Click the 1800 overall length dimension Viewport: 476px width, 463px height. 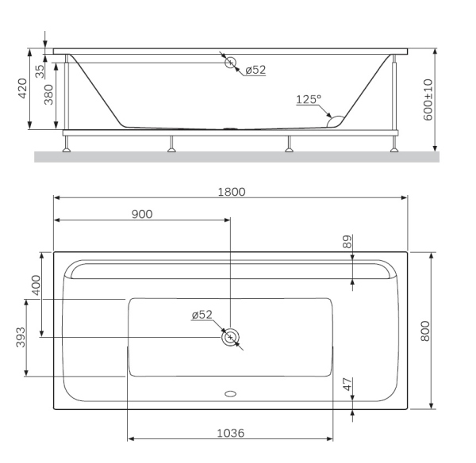tap(232, 191)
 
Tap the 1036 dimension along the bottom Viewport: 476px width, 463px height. tap(229, 434)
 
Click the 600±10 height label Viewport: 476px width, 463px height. tap(428, 99)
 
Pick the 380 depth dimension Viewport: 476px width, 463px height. tap(49, 96)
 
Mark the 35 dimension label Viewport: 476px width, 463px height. tap(40, 69)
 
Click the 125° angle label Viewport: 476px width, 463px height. tap(309, 99)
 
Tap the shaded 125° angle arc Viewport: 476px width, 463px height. tap(336, 121)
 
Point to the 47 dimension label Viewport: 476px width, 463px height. tap(346, 385)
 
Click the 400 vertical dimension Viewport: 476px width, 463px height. tap(35, 285)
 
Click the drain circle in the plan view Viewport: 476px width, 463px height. tap(230, 338)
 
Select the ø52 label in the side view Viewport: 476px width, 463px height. tap(255, 70)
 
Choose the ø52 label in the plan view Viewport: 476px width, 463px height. tap(202, 315)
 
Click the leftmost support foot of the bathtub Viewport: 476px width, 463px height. tap(69, 144)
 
